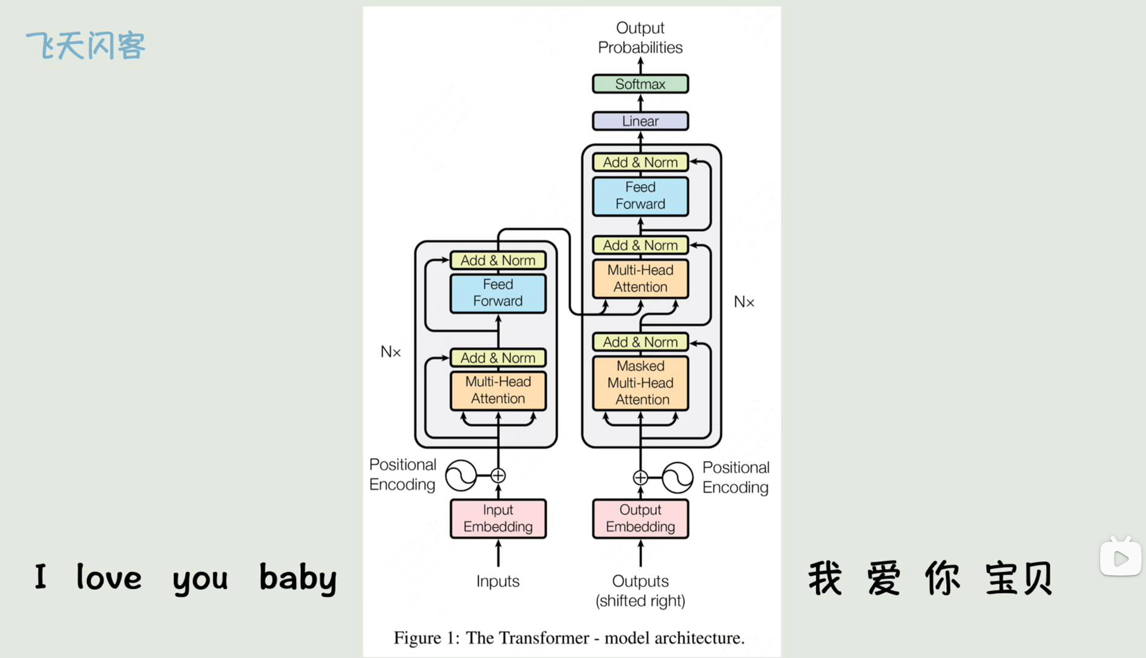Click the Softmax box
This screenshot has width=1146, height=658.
pos(640,84)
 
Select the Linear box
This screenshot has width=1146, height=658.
pos(640,121)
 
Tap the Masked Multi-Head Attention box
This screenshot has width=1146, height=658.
pos(640,383)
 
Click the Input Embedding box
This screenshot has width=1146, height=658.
pos(498,518)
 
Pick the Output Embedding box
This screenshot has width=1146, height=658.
pos(640,518)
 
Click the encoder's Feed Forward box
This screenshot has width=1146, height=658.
pos(498,293)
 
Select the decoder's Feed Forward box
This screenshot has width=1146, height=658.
pos(640,196)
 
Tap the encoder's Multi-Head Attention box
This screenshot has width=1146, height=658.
pos(498,390)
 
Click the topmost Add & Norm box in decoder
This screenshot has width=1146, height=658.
pos(640,163)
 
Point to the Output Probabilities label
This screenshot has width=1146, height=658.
pos(640,37)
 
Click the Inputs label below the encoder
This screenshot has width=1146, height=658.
pos(498,581)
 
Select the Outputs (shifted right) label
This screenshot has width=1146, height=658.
pos(640,591)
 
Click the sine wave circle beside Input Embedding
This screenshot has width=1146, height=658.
pos(461,475)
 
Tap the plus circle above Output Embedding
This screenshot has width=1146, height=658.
pos(640,477)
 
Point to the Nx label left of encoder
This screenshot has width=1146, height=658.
pos(390,352)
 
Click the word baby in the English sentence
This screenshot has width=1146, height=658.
pos(298,578)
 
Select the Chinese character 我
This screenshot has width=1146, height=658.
pos(825,578)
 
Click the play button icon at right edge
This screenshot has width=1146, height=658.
pos(1120,558)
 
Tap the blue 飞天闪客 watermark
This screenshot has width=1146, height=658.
pos(86,46)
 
